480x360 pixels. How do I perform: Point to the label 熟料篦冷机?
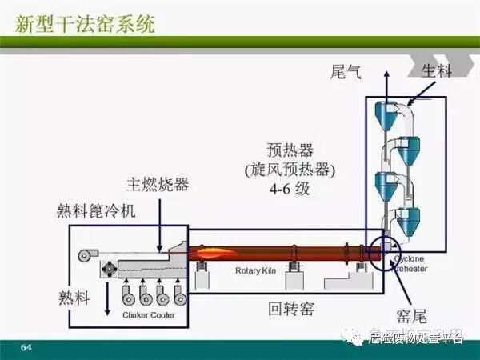[x=97, y=210]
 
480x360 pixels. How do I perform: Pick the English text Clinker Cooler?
[x=148, y=315]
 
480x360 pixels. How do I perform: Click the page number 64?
[x=26, y=346]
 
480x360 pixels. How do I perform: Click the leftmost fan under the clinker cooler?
[x=128, y=297]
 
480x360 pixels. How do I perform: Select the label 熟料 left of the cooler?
[x=75, y=297]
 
